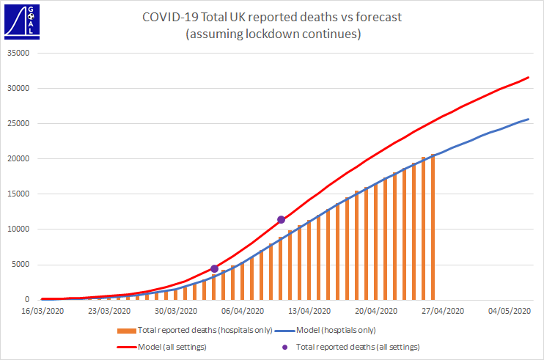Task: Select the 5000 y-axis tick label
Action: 21,265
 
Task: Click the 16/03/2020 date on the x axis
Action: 42,311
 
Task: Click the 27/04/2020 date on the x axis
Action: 442,311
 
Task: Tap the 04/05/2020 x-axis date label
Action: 509,311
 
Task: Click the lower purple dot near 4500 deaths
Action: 214,269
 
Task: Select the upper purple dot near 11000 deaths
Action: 281,219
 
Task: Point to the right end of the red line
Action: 528,77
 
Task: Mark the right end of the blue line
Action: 528,120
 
